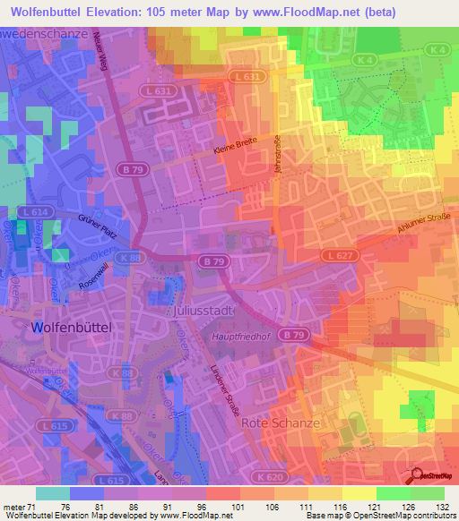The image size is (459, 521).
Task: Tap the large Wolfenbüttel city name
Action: point(71,329)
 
